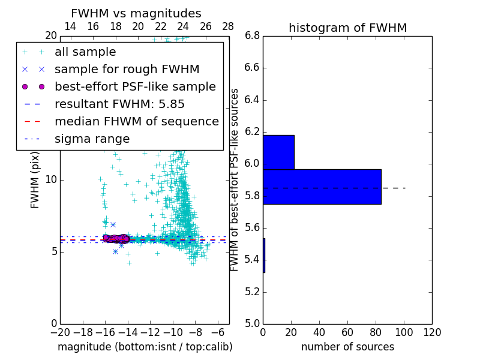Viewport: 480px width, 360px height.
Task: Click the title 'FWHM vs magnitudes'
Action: tap(136, 13)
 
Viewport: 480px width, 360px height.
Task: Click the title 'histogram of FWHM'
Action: tap(347, 28)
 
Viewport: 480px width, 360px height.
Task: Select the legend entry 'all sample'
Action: tap(85, 52)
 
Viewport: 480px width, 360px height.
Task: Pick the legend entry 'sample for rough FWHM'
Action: tap(127, 69)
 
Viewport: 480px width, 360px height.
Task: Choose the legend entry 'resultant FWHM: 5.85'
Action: tap(119, 104)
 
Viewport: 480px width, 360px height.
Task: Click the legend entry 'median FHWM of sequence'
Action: tap(136, 121)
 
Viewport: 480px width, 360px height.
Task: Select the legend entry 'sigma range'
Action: tap(92, 139)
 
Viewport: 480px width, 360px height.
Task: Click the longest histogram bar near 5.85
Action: tap(322, 187)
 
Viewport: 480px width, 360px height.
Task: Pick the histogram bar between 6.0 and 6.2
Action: tap(278, 152)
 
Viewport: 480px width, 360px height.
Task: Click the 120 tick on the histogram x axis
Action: tap(432, 332)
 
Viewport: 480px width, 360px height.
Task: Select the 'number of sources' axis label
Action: tap(347, 347)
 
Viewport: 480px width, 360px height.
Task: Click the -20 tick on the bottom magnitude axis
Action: tap(60, 332)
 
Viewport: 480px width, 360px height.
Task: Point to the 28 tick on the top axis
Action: tap(228, 26)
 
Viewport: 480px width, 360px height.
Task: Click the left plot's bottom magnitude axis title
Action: tap(145, 347)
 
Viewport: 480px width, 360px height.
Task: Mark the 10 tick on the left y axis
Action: tap(51, 180)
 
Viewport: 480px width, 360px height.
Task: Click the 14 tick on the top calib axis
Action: tap(70, 26)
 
